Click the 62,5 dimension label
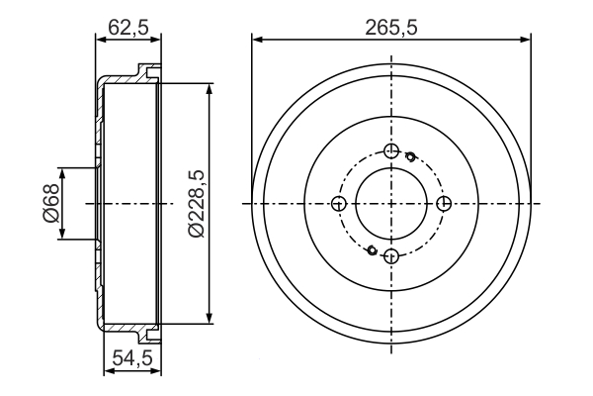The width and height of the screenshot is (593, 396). pos(128,27)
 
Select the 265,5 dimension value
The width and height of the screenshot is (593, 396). pos(391,28)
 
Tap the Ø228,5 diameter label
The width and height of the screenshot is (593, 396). pos(197,204)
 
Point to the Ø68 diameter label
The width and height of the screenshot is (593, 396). pos(51,203)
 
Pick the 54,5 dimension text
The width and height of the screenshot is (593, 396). pos(132,358)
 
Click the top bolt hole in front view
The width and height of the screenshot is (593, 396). pos(391,151)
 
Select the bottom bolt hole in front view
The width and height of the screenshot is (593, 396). pos(391,256)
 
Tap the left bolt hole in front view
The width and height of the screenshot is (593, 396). pos(339,204)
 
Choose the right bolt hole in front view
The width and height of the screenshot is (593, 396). pos(444,204)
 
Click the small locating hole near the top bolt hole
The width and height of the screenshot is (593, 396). pos(410,155)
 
